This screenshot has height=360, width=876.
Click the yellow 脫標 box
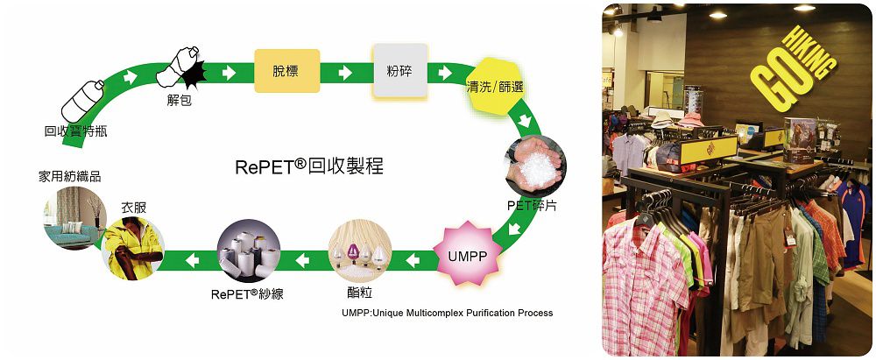pos(287,71)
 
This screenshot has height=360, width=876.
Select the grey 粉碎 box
pos(400,71)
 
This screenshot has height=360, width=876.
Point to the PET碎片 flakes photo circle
pos(534,165)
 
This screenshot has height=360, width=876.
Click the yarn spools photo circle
pos(248,251)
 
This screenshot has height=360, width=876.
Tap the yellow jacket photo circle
pos(132,248)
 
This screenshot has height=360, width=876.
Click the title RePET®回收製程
pos(309,166)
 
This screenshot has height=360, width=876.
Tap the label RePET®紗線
pos(247,293)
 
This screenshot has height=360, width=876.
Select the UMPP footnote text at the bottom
pos(447,313)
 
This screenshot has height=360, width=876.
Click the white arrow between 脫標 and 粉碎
pos(345,73)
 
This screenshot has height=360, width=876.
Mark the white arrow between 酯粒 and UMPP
pos(413,259)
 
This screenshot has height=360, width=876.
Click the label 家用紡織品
pos(70,177)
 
